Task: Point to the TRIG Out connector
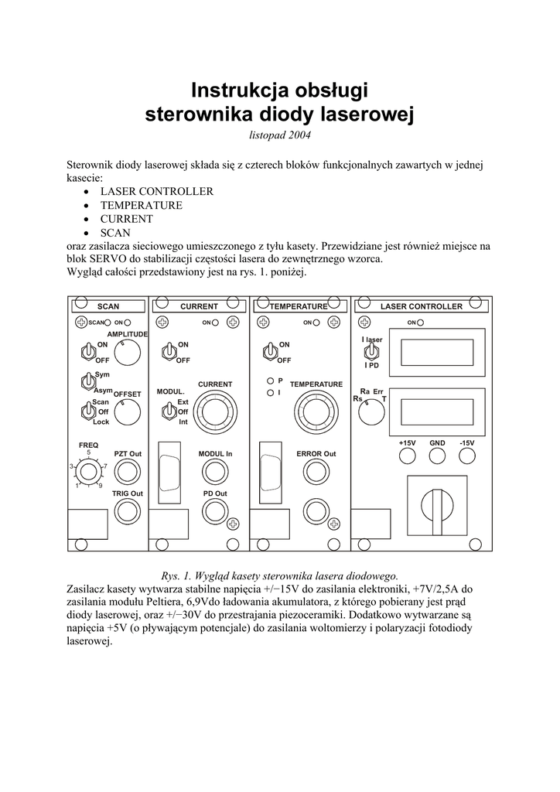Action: [128, 510]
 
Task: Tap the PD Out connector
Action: [215, 510]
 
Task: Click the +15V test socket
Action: [408, 456]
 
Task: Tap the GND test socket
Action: [438, 456]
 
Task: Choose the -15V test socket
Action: [466, 456]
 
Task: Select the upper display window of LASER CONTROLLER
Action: [438, 352]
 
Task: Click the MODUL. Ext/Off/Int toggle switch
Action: [167, 411]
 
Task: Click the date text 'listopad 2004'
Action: [279, 135]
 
